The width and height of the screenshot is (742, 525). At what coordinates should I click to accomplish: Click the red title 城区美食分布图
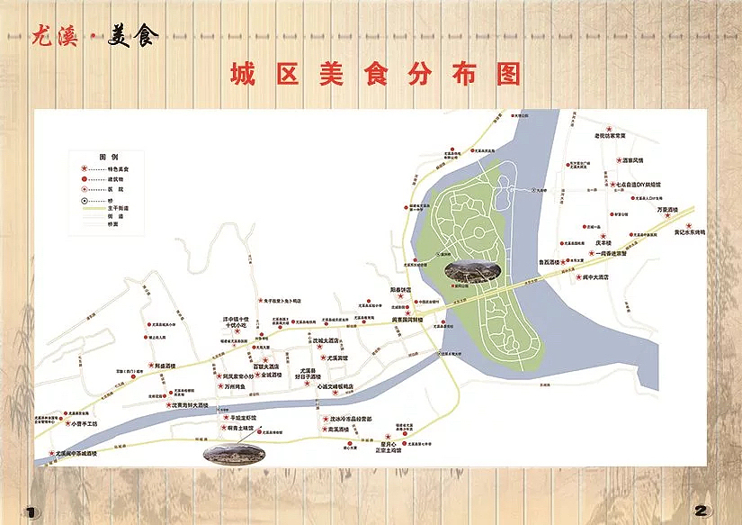point(374,74)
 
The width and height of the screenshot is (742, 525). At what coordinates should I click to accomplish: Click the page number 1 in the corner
point(31,511)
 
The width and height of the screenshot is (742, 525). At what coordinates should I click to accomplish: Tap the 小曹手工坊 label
point(91,423)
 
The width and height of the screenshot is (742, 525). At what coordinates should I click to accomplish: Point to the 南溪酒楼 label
point(338,430)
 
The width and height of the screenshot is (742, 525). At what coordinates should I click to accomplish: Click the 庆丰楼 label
point(603,242)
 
